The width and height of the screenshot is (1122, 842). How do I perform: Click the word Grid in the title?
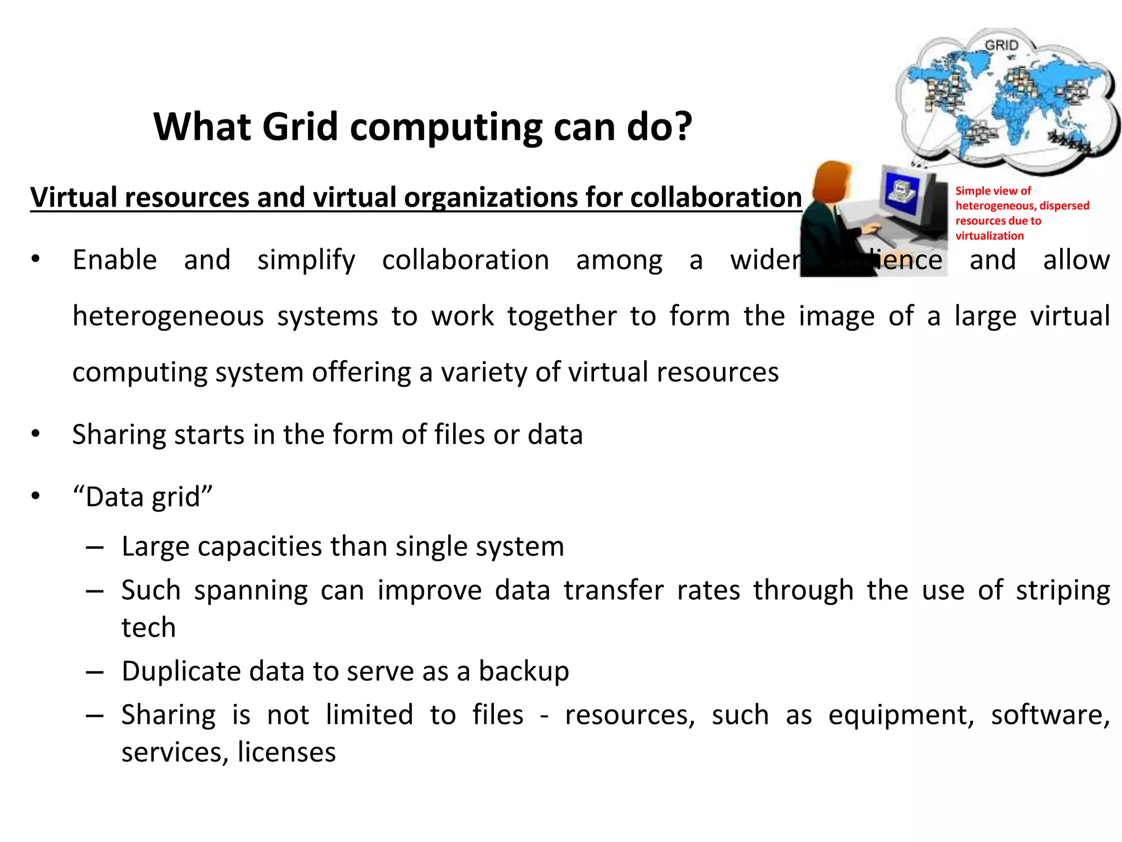[300, 127]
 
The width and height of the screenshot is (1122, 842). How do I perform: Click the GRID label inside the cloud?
[1001, 45]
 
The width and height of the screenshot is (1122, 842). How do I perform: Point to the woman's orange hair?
[832, 178]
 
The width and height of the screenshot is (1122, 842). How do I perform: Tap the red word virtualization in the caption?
[989, 236]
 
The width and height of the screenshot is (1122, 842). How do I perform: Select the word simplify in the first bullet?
[306, 260]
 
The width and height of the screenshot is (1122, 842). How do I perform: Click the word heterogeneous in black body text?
[168, 317]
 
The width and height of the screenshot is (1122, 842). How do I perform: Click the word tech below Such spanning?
[148, 628]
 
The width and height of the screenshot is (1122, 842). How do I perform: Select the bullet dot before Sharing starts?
[36, 435]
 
